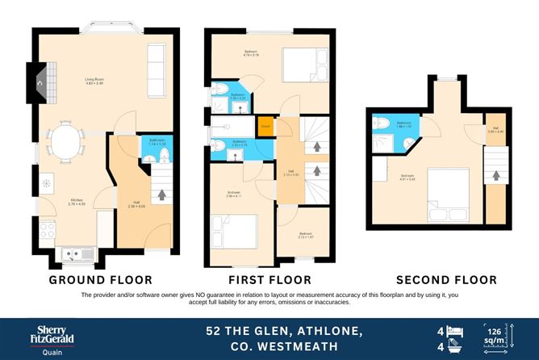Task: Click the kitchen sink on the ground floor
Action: point(75,254)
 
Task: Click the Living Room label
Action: point(98,80)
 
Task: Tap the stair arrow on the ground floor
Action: point(165,195)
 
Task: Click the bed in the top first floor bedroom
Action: point(293,61)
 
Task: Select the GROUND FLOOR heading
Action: point(100,279)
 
